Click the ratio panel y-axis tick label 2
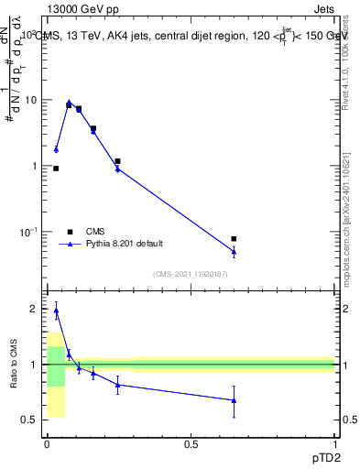click(34, 310)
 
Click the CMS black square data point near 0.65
click(234, 239)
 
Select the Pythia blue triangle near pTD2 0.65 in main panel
click(234, 251)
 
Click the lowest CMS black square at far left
click(56, 169)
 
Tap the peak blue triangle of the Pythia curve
click(69, 103)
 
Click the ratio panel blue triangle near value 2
click(56, 311)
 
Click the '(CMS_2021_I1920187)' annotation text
click(190, 274)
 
